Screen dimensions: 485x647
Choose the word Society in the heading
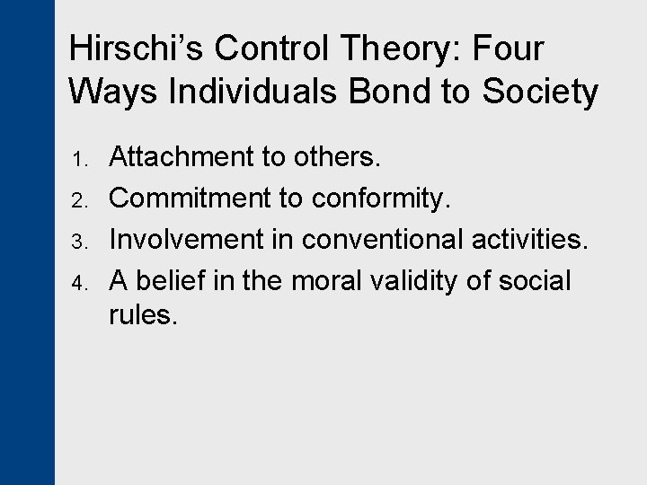point(541,92)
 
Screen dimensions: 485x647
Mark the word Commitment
point(190,198)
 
